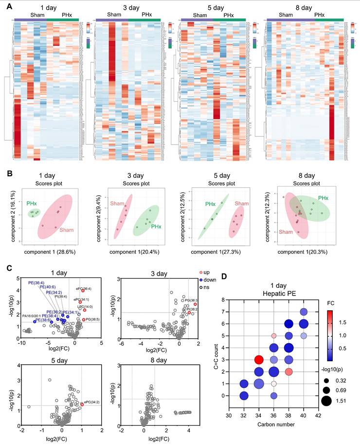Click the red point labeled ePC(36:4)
click(83, 291)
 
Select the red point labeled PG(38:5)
click(84, 319)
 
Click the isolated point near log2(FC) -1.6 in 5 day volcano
click(29, 406)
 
